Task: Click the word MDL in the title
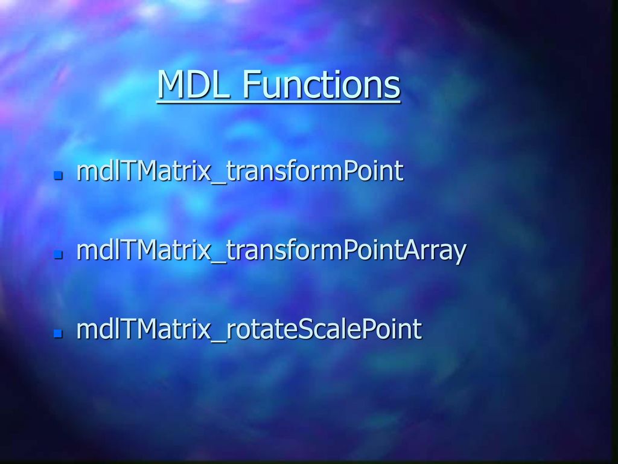pos(194,84)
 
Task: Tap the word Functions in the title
pos(321,84)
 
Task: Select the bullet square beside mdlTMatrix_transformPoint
pos(59,175)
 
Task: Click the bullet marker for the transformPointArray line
pos(59,254)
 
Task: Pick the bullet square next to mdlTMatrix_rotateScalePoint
pos(59,333)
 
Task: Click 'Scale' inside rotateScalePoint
pos(320,329)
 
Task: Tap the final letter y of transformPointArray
pos(459,254)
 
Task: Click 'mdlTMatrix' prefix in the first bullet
pos(144,170)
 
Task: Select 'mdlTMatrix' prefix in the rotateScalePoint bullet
pos(144,329)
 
